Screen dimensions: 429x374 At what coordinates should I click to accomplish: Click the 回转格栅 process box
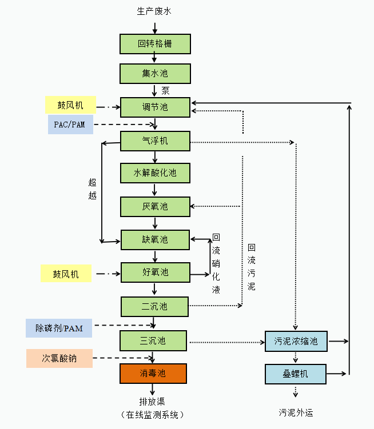(x=154, y=44)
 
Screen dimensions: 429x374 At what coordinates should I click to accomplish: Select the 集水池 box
(x=154, y=74)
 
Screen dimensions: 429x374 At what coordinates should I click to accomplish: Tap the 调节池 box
(x=155, y=107)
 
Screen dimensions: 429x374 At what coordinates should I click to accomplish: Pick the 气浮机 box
(x=155, y=141)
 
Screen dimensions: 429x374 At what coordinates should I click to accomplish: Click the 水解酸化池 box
(x=155, y=173)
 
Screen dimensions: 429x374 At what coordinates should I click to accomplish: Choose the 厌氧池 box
(x=155, y=206)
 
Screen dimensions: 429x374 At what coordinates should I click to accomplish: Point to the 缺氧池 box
(x=155, y=239)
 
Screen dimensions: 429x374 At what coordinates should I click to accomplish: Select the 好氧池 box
(x=155, y=272)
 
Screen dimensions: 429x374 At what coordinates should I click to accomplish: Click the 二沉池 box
(x=154, y=307)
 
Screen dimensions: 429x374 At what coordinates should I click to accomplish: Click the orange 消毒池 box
(x=153, y=374)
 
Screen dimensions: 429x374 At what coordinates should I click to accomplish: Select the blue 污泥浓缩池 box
(x=296, y=342)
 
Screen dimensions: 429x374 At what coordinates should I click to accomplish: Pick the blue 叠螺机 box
(x=296, y=374)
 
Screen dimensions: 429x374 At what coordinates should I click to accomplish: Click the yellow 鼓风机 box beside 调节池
(x=69, y=106)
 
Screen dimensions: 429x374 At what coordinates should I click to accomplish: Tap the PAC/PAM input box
(x=70, y=125)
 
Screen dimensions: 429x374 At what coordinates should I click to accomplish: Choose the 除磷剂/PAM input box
(x=59, y=328)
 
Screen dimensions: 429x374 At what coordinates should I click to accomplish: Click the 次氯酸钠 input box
(x=59, y=358)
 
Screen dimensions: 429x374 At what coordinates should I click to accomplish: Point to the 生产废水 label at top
(x=154, y=11)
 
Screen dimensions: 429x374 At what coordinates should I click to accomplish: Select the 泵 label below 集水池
(x=166, y=90)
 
